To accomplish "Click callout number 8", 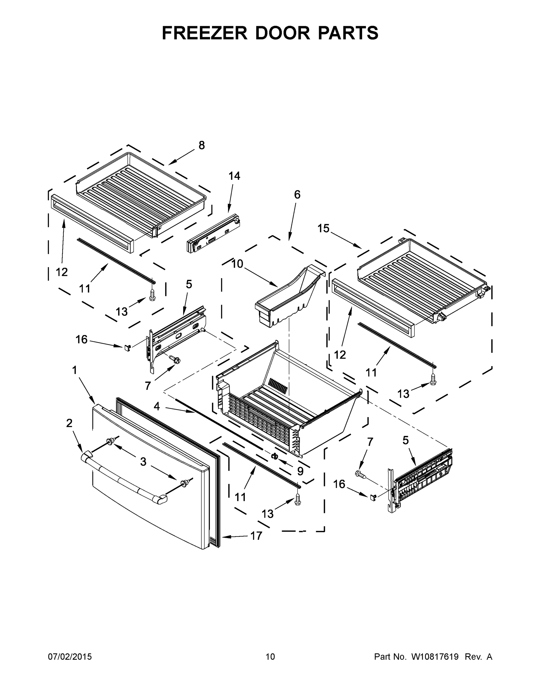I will pos(201,145).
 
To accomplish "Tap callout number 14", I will pos(234,176).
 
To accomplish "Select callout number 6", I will pos(297,194).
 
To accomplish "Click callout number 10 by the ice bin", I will pos(237,264).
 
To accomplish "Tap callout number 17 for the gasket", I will pos(256,536).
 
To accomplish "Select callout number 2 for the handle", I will pos(69,423).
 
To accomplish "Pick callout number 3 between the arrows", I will pos(143,462).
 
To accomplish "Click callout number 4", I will pos(156,406).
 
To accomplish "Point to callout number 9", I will pos(300,471).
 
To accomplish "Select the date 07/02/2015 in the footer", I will pos(70,657).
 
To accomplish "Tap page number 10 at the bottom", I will pos(270,657).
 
